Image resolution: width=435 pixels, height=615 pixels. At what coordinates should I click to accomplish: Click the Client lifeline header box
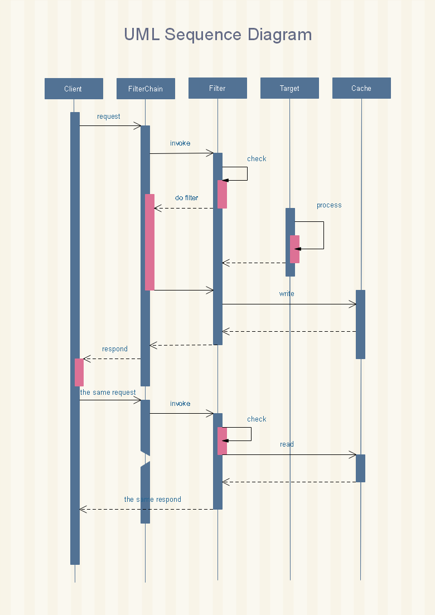74,89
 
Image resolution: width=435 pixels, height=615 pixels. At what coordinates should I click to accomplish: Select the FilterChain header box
146,89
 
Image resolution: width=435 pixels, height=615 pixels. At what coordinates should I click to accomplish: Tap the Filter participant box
217,88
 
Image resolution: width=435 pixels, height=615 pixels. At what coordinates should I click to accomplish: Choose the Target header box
289,88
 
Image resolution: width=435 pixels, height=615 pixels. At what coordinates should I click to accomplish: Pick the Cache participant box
361,88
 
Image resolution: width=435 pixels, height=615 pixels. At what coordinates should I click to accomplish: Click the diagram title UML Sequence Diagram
218,35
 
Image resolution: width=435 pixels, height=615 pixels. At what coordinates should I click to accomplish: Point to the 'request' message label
109,117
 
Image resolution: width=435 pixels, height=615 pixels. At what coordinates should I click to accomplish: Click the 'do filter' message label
187,198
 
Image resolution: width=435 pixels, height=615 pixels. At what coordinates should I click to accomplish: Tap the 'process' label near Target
329,205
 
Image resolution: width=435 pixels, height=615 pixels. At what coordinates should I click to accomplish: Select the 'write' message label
287,293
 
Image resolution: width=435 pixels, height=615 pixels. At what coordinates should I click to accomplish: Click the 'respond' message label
115,349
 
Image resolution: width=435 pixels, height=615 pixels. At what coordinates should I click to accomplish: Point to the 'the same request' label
108,392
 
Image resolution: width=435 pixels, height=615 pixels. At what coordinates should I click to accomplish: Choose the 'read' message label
287,444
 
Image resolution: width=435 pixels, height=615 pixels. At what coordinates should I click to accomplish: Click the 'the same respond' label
153,499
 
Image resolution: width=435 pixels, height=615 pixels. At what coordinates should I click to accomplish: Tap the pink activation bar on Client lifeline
79,372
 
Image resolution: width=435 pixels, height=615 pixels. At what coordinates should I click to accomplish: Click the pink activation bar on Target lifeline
294,249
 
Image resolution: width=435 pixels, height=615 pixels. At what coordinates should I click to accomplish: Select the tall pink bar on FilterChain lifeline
149,242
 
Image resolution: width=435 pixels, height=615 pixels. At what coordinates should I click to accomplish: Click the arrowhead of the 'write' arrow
353,304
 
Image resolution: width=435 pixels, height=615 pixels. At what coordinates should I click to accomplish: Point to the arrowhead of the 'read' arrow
353,454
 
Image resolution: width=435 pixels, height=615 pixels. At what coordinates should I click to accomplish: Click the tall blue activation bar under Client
75,338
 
